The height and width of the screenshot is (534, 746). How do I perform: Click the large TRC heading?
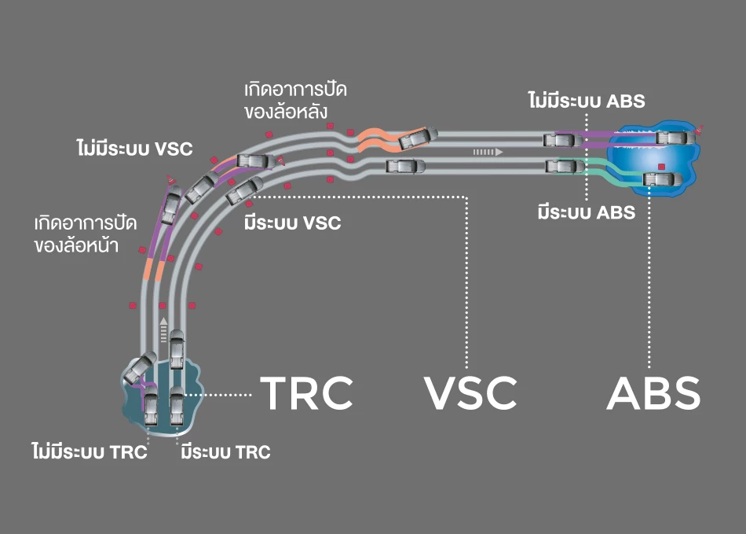tap(306, 394)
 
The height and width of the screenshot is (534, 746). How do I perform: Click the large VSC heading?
tap(470, 394)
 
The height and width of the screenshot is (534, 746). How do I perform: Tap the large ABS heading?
tap(653, 394)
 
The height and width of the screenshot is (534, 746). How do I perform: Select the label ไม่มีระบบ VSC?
tap(134, 148)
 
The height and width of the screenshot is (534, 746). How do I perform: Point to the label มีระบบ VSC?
tap(292, 223)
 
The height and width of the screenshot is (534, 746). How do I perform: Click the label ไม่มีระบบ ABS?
tap(587, 101)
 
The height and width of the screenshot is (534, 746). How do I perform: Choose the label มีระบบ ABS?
tap(587, 212)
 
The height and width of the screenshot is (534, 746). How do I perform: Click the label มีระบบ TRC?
tap(225, 452)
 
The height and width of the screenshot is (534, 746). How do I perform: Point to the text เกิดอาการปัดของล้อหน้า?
tap(86, 234)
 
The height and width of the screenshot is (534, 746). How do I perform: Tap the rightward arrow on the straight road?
tap(486, 150)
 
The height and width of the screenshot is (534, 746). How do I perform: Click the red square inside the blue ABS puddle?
tap(662, 167)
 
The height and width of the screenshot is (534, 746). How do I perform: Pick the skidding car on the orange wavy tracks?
tap(415, 139)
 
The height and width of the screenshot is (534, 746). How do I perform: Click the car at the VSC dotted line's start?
tap(244, 190)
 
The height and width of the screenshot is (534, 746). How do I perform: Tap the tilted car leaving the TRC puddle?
tap(140, 366)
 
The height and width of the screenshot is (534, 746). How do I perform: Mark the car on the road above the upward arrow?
tap(177, 347)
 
